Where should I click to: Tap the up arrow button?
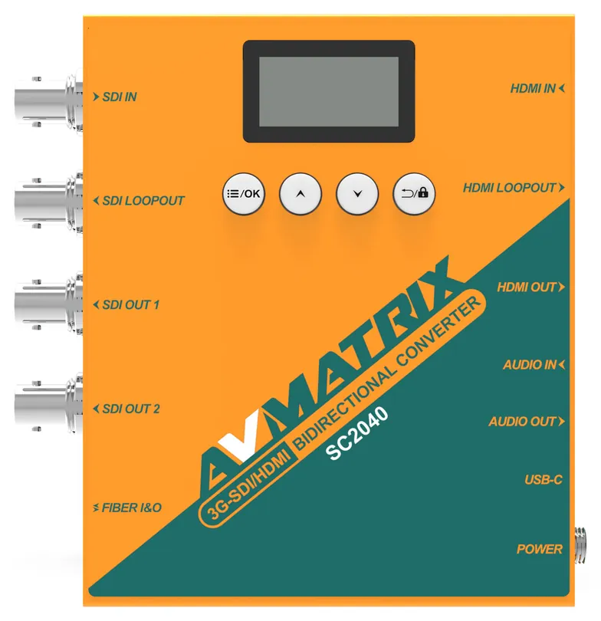coord(300,194)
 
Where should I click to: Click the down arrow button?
coord(357,194)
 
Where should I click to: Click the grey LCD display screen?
coord(329,91)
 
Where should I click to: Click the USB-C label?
coord(544,480)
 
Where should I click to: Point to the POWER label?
coord(540,549)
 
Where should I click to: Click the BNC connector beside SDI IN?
coord(48,100)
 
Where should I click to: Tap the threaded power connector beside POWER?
coord(580,545)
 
